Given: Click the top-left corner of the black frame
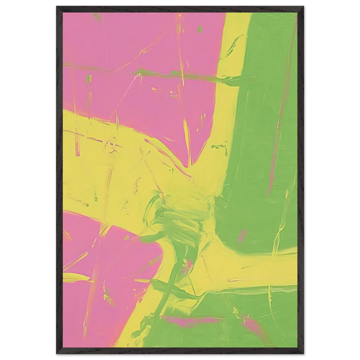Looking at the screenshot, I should pyautogui.click(x=56, y=6).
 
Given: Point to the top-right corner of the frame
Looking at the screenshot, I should pyautogui.click(x=304, y=6).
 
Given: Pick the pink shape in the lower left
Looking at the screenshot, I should pyautogui.click(x=101, y=283).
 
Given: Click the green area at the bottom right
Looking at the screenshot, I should pyautogui.click(x=252, y=323).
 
